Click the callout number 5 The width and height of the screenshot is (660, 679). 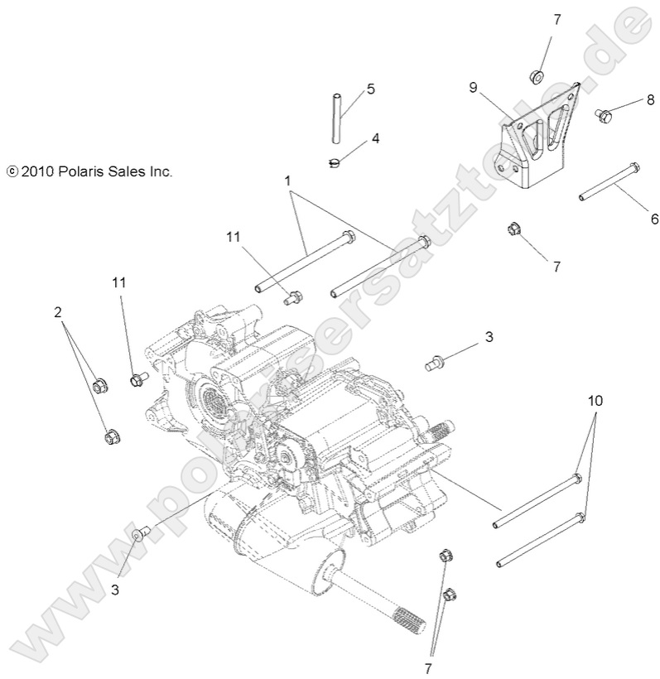370,88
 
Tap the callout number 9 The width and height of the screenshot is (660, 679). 473,87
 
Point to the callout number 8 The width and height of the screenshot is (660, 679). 650,101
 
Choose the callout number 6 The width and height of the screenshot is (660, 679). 654,219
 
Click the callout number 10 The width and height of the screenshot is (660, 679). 595,401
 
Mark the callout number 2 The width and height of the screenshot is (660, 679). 58,312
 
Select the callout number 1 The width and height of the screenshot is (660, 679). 287,180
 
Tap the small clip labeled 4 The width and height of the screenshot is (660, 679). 335,162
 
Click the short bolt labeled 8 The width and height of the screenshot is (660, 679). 603,117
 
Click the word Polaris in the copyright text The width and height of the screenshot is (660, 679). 83,172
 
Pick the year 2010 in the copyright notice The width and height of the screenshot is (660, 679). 37,172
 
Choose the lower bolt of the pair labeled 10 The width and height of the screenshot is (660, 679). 539,541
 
